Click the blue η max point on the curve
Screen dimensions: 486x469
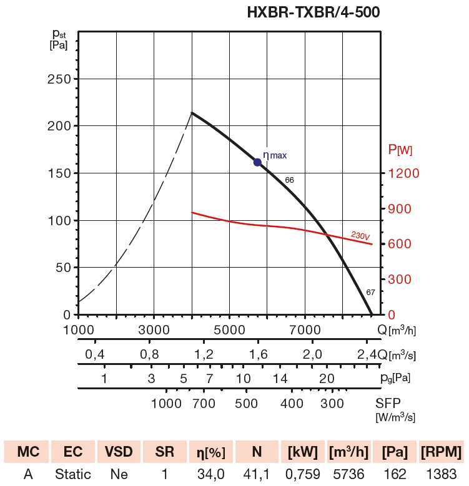[257, 162]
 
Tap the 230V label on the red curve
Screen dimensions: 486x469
[360, 236]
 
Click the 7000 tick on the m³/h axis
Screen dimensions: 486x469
[305, 329]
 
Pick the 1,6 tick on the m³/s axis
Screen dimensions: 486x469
[259, 354]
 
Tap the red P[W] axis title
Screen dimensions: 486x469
[400, 150]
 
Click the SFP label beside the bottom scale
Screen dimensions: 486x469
[388, 403]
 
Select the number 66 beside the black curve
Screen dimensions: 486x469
[289, 180]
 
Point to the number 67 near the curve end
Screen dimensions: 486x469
[370, 292]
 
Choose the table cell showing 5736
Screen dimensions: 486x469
[348, 474]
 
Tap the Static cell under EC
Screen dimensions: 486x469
[72, 474]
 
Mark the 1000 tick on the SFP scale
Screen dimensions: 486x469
[166, 403]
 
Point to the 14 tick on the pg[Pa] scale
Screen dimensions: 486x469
[280, 378]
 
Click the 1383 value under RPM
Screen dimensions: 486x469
[441, 474]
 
